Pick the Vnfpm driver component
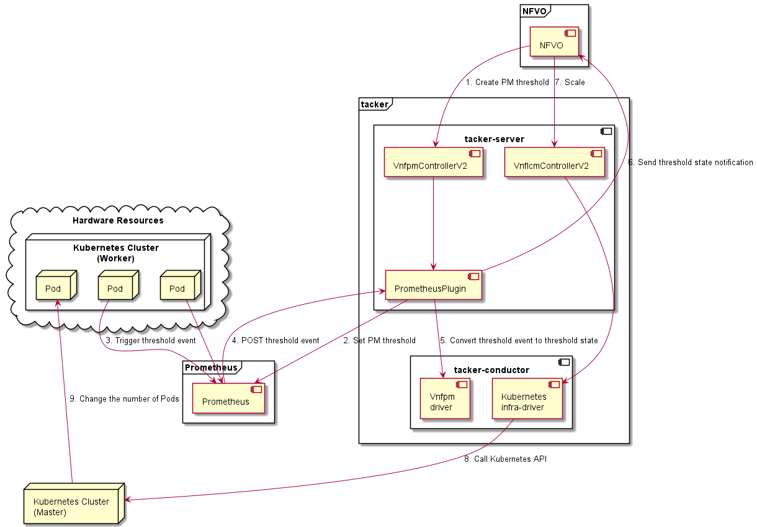coord(445,402)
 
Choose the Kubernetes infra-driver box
coord(527,402)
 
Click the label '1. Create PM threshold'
coord(508,82)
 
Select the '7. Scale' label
coord(570,82)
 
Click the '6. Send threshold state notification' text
coord(691,163)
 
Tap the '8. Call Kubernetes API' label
coord(504,459)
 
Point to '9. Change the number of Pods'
coord(124,399)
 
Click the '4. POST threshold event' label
coord(275,340)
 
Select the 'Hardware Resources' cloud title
coord(118,220)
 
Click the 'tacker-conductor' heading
coord(491,370)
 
